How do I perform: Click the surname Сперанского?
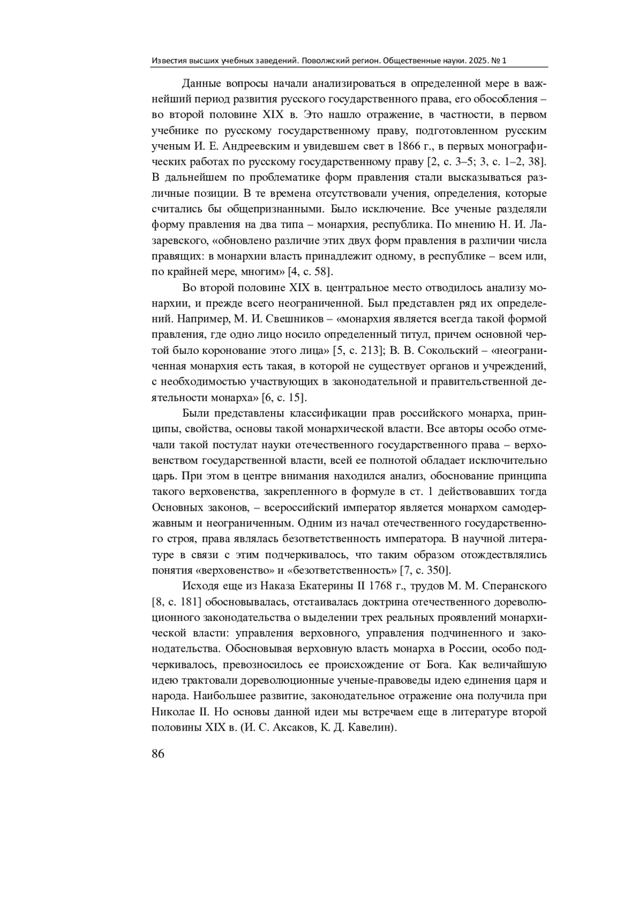point(514,586)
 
